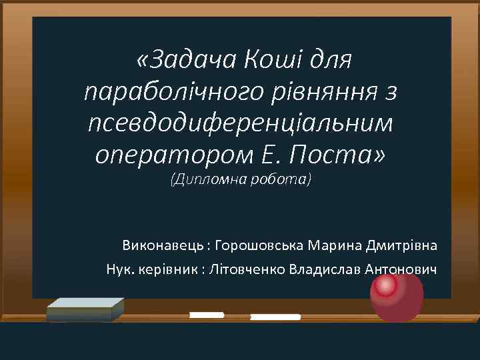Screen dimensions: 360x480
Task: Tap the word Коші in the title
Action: coord(269,61)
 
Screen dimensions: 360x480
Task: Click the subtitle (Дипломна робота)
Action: coord(241,180)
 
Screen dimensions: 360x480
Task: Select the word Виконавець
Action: coord(162,245)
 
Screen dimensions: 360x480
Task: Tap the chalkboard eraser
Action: coord(85,309)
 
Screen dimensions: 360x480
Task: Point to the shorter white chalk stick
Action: coord(206,314)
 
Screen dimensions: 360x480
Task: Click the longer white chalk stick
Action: coord(275,317)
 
